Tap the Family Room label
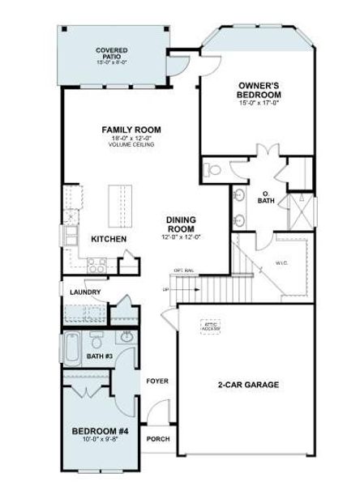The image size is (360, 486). pyautogui.click(x=131, y=130)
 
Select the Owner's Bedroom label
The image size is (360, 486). pyautogui.click(x=259, y=90)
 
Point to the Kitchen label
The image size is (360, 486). pyautogui.click(x=108, y=240)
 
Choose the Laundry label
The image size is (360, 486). pyautogui.click(x=85, y=292)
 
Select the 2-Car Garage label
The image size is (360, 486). pyautogui.click(x=248, y=385)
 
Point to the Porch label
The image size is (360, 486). pyautogui.click(x=157, y=439)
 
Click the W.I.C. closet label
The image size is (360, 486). pyautogui.click(x=282, y=262)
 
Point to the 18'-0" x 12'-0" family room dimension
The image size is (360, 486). pyautogui.click(x=131, y=139)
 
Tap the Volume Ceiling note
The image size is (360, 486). pyautogui.click(x=131, y=145)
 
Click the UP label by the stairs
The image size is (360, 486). pyautogui.click(x=165, y=289)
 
